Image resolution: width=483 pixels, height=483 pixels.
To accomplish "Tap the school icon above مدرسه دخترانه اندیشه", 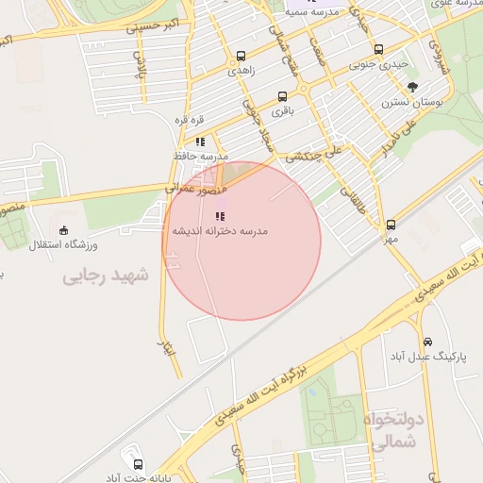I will pos(221,216).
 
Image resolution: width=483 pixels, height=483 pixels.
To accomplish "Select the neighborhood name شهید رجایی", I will pos(107,275).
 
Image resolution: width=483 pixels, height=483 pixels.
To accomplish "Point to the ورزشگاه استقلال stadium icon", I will pos(64,230).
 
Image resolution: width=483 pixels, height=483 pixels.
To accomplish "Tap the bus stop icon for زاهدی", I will pos(241,56).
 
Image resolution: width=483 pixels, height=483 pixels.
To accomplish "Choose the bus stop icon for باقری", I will pos(283,96).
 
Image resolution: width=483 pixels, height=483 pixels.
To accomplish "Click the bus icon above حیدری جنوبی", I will pos(378,50).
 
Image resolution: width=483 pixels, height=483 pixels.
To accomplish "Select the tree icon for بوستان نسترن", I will pos(412,87).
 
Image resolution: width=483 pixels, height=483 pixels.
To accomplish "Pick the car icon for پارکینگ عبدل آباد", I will pos(428,341).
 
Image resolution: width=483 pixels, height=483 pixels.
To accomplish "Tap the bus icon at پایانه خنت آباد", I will pos(139,465).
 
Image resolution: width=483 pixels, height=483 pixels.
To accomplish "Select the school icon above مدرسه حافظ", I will pos(200,142).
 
